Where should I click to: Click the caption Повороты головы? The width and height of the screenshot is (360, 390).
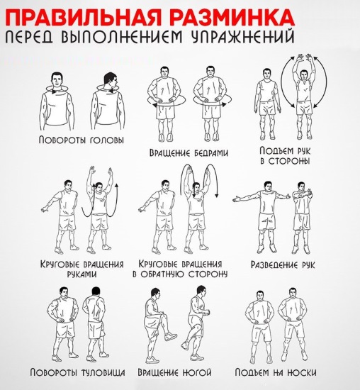pyautogui.click(x=81, y=140)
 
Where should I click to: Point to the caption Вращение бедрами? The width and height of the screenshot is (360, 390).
pyautogui.click(x=189, y=152)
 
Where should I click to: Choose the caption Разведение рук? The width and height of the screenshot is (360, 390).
pyautogui.click(x=283, y=264)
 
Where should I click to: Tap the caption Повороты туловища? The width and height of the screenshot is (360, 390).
pyautogui.click(x=77, y=372)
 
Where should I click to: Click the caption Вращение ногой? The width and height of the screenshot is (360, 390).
pyautogui.click(x=175, y=372)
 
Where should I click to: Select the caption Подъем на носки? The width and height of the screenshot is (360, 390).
pyautogui.click(x=276, y=372)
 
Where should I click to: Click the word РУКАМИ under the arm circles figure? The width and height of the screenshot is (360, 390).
pyautogui.click(x=81, y=274)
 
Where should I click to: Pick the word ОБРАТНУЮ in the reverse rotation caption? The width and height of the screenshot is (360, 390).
pyautogui.click(x=162, y=274)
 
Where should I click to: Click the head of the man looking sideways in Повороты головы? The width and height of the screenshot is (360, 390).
pyautogui.click(x=111, y=80)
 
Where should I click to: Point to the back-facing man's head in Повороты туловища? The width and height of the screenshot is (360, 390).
pyautogui.click(x=96, y=291)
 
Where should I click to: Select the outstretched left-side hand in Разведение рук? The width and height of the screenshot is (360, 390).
pyautogui.click(x=237, y=199)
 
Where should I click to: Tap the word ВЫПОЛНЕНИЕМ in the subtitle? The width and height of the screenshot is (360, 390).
pyautogui.click(x=121, y=37)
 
